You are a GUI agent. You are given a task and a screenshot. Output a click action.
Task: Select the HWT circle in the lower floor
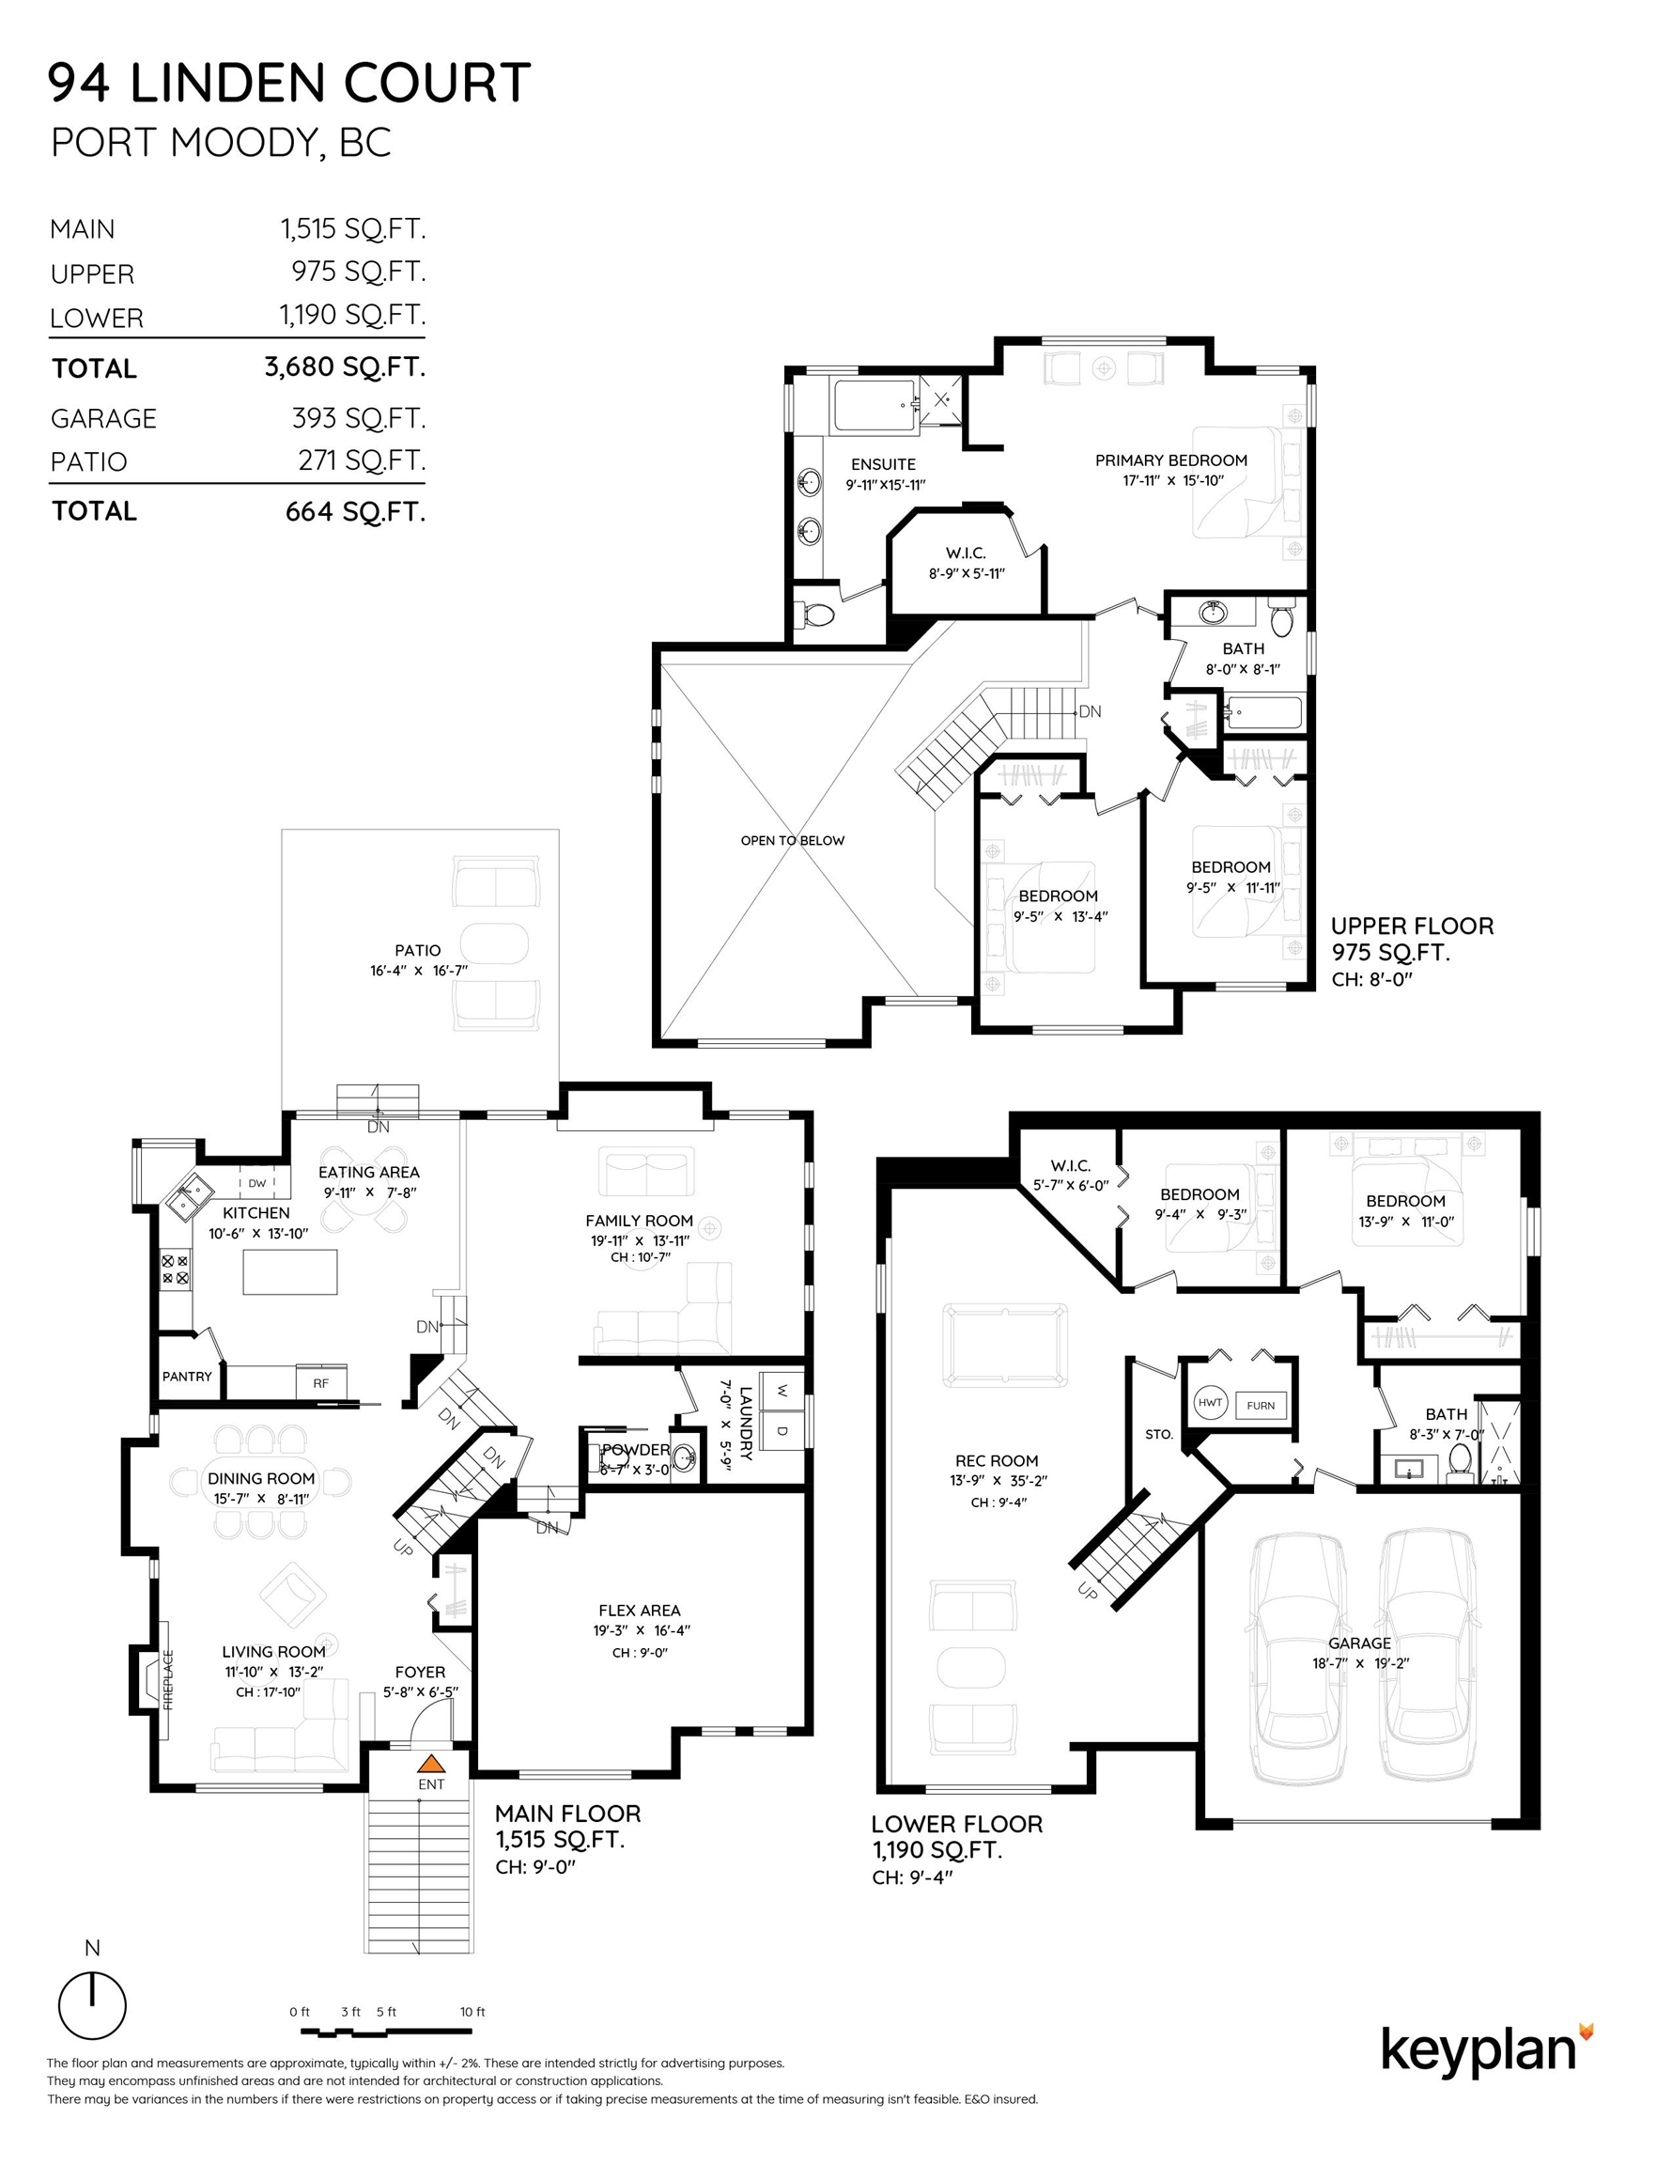pos(1211,1403)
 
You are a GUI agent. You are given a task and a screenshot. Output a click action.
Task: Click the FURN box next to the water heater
pos(1261,1406)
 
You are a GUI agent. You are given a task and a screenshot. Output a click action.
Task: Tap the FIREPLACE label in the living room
pos(168,1680)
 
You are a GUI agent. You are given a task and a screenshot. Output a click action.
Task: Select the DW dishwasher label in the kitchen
pos(256,1183)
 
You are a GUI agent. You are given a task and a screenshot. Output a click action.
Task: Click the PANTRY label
pos(187,1376)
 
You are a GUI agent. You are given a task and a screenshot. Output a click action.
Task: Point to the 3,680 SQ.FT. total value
pos(345,366)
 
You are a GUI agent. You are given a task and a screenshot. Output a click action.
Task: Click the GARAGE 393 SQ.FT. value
pos(359,418)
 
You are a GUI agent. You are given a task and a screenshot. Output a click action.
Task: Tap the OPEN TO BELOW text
pos(793,841)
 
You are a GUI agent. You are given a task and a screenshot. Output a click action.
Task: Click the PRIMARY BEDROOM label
pos(1171,459)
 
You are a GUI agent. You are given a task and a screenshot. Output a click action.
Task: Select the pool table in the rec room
pos(1006,1346)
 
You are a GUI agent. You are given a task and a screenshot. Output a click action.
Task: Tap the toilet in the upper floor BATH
pos(1281,617)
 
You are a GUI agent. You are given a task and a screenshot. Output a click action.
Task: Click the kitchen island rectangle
pos(290,1271)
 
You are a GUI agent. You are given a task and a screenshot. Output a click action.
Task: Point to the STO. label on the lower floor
pos(1158,1435)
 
